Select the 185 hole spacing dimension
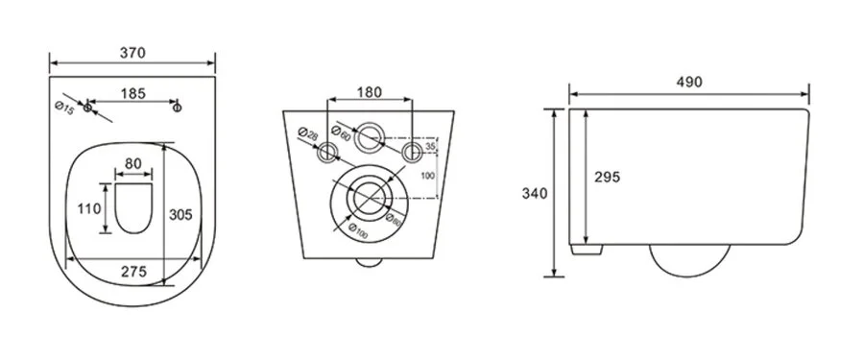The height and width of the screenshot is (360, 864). click(134, 93)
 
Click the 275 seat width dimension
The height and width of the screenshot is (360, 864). click(133, 272)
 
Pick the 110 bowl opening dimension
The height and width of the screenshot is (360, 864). click(91, 208)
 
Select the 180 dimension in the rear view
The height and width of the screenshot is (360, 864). click(370, 93)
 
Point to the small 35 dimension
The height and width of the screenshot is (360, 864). click(431, 147)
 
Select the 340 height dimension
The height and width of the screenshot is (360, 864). click(536, 193)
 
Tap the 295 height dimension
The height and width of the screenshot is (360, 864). click(607, 177)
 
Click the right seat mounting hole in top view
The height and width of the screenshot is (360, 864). click(177, 108)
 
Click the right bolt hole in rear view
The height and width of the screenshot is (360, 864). click(412, 153)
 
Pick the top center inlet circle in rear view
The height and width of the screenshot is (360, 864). click(370, 137)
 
